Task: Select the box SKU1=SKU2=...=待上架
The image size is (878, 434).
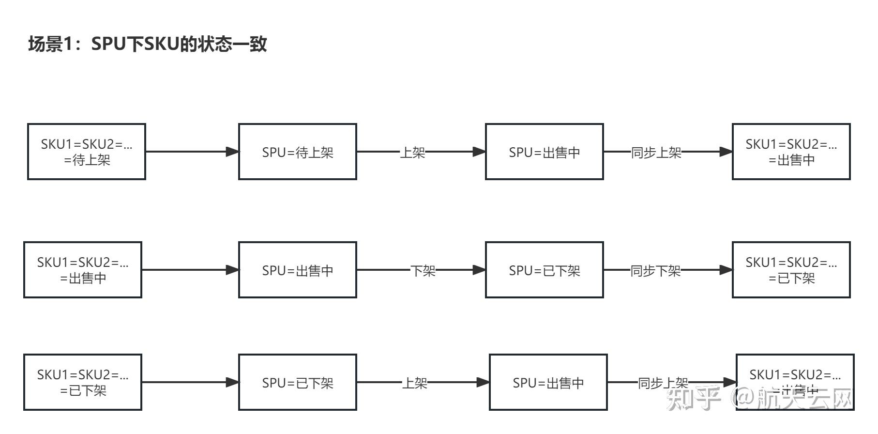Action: tap(87, 152)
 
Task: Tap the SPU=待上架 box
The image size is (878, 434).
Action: tap(298, 152)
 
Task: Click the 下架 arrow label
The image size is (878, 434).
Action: tap(423, 270)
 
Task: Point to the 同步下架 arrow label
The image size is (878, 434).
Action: tap(655, 270)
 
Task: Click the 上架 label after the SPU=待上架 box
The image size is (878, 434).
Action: tap(412, 153)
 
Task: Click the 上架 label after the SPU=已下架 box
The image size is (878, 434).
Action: tap(415, 383)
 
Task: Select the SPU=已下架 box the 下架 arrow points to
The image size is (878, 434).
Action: tap(545, 270)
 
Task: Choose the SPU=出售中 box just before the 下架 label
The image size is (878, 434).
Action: tap(298, 270)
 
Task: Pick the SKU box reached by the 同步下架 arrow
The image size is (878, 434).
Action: tap(791, 270)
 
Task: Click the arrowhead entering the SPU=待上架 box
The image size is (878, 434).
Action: tap(233, 152)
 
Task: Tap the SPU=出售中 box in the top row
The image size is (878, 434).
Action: tap(545, 152)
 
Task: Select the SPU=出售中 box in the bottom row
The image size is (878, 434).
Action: tap(548, 382)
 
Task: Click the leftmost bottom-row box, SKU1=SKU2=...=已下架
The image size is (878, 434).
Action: tap(83, 382)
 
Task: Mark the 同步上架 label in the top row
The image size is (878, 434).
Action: tap(656, 153)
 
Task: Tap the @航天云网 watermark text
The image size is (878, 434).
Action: tap(794, 399)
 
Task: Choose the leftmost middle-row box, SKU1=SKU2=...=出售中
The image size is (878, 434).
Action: tap(83, 270)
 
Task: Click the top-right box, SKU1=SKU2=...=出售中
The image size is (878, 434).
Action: tap(791, 152)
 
